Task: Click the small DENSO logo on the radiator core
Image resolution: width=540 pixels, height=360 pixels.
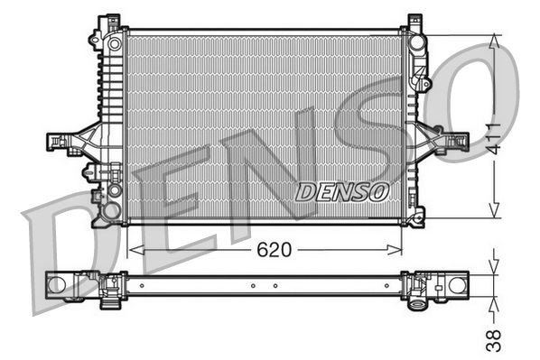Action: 342,191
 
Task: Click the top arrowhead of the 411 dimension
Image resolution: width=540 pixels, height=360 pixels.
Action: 493,42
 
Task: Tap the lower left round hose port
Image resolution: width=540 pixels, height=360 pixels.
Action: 111,211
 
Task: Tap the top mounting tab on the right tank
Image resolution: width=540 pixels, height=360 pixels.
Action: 414,20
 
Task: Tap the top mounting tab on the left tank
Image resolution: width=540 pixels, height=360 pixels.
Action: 112,20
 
